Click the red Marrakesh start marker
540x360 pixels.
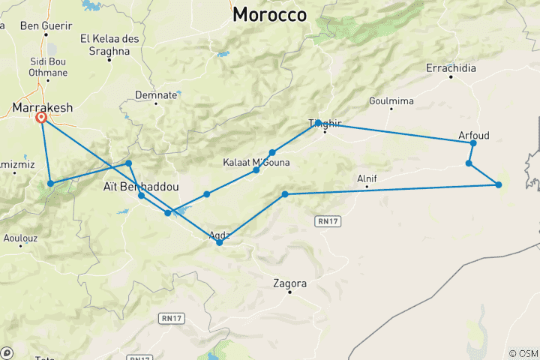pos(42,118)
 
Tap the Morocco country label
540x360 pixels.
pos(269,14)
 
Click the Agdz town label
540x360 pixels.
pos(223,233)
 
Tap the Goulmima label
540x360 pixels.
pos(391,100)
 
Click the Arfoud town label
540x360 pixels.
pos(473,136)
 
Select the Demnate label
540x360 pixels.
pos(156,95)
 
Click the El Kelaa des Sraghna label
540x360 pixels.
pos(105,44)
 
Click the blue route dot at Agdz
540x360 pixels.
pos(219,242)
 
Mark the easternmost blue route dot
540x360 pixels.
pos(499,184)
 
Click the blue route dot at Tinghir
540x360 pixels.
pos(319,122)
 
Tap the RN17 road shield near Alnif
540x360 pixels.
pos(324,222)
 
